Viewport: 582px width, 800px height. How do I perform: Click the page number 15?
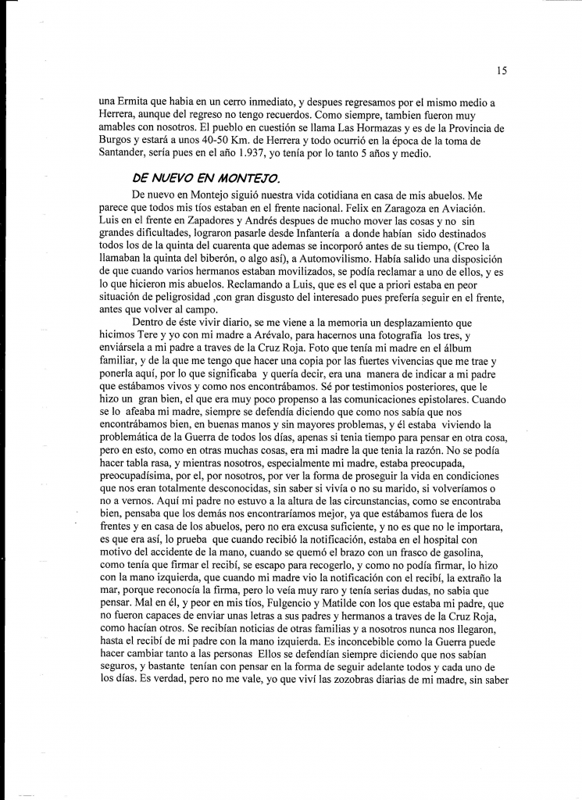tap(502, 70)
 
